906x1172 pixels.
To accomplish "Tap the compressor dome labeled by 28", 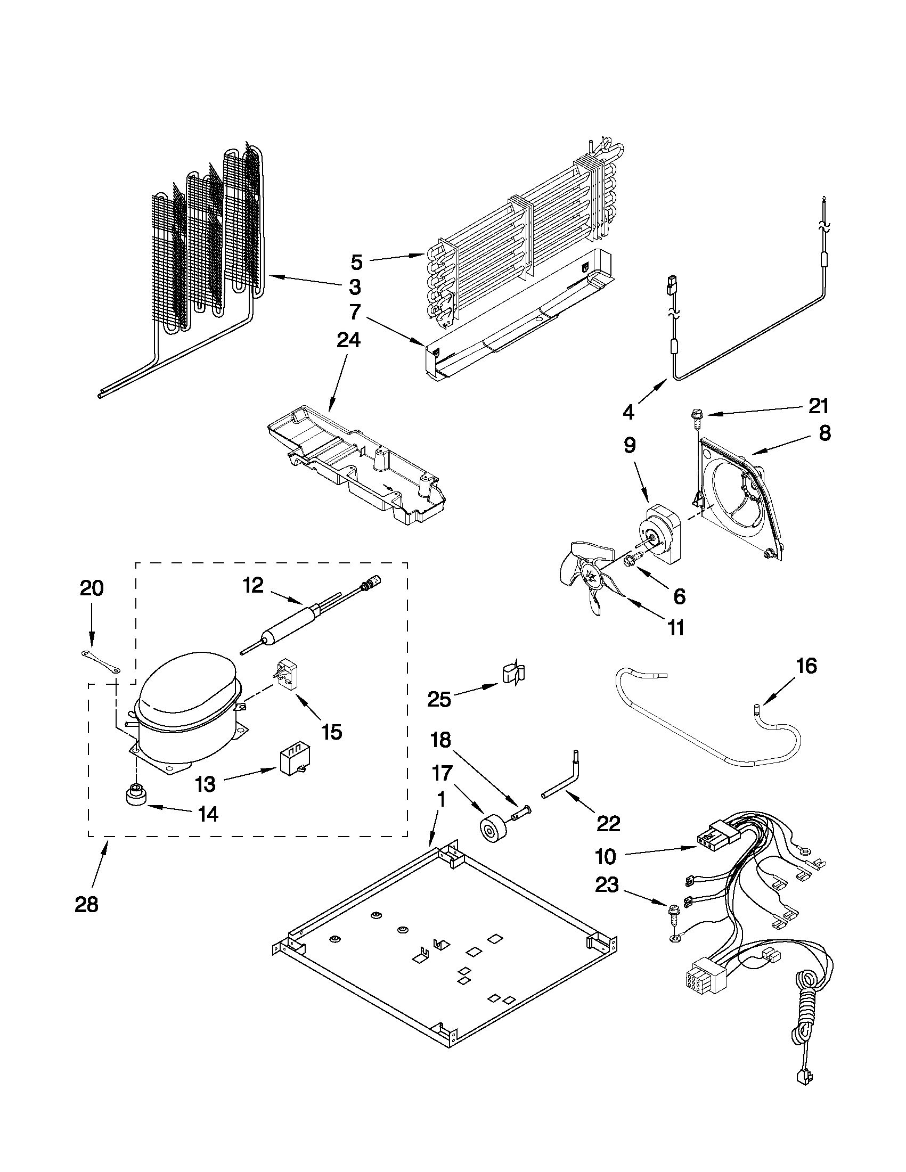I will (185, 700).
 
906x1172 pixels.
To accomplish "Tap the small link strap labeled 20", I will (100, 661).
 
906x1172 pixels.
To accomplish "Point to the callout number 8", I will (825, 432).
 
